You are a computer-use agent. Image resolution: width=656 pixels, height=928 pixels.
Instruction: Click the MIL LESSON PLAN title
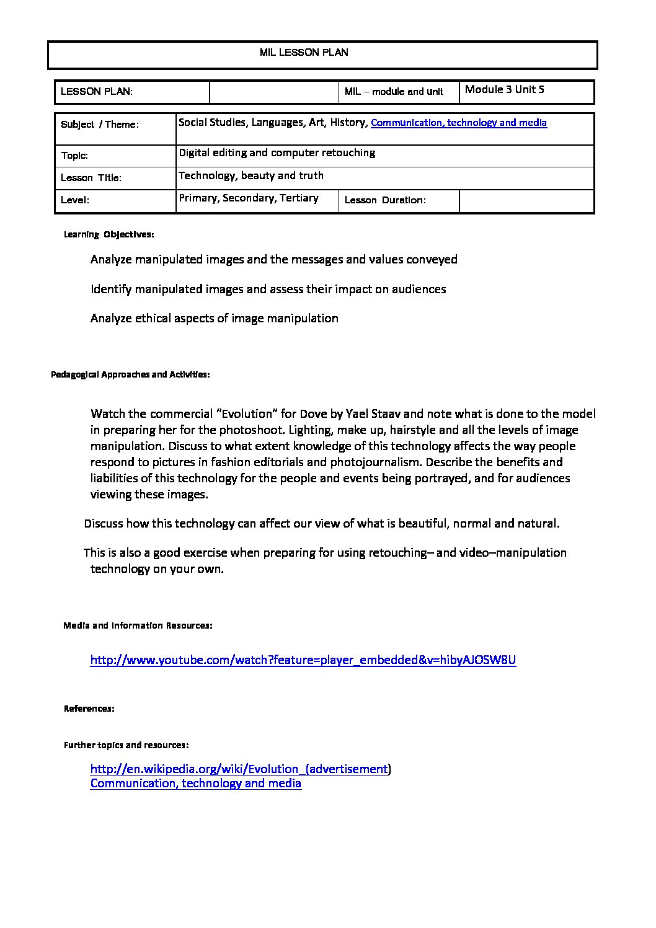tap(304, 53)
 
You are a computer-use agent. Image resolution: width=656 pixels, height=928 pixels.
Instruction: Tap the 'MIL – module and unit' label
tap(394, 92)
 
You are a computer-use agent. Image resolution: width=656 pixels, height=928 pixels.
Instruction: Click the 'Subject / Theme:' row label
tap(100, 125)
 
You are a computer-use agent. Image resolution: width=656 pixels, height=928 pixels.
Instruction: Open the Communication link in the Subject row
tap(458, 123)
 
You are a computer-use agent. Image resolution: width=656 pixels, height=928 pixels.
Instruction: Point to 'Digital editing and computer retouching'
tap(277, 152)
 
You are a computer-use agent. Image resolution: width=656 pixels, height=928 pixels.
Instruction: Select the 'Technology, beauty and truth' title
tap(251, 175)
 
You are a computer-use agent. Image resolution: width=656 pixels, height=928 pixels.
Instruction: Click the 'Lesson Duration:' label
tap(384, 200)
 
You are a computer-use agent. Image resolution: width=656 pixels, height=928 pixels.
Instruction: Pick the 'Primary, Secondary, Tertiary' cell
tap(249, 198)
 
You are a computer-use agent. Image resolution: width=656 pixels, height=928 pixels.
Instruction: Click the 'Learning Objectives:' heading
tap(109, 234)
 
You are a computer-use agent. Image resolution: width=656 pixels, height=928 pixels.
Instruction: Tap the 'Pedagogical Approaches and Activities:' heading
tap(130, 374)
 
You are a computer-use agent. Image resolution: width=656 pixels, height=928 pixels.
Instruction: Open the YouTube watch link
tap(303, 660)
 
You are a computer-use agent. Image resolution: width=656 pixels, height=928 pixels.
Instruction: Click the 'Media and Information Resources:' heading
tap(138, 625)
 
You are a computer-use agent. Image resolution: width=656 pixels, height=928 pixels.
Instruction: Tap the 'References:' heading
tap(89, 709)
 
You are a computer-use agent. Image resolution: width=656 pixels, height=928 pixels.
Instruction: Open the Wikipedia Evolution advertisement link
tap(239, 769)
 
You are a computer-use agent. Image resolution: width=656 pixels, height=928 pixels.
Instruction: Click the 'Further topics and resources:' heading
tap(126, 745)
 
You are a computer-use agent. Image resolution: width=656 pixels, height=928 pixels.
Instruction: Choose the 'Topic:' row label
tap(74, 156)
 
